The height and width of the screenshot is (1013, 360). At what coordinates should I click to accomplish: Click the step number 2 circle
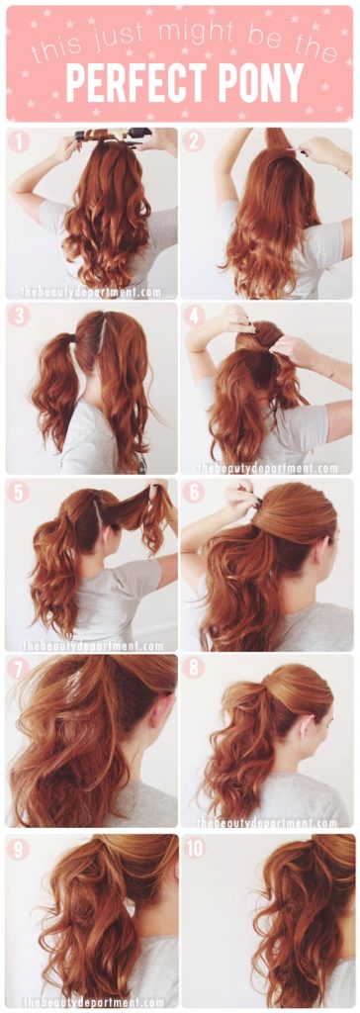[x=195, y=141]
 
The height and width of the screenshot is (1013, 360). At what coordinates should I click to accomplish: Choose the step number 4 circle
[x=195, y=317]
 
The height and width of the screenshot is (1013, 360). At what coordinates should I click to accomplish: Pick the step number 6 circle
[x=195, y=492]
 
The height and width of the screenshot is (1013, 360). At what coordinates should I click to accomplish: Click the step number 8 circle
[x=195, y=669]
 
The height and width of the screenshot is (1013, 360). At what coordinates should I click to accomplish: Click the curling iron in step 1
[x=109, y=134]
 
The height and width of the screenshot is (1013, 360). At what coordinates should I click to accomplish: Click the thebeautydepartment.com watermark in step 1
[x=95, y=292]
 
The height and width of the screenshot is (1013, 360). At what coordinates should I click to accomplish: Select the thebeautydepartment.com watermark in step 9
[x=94, y=1001]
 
